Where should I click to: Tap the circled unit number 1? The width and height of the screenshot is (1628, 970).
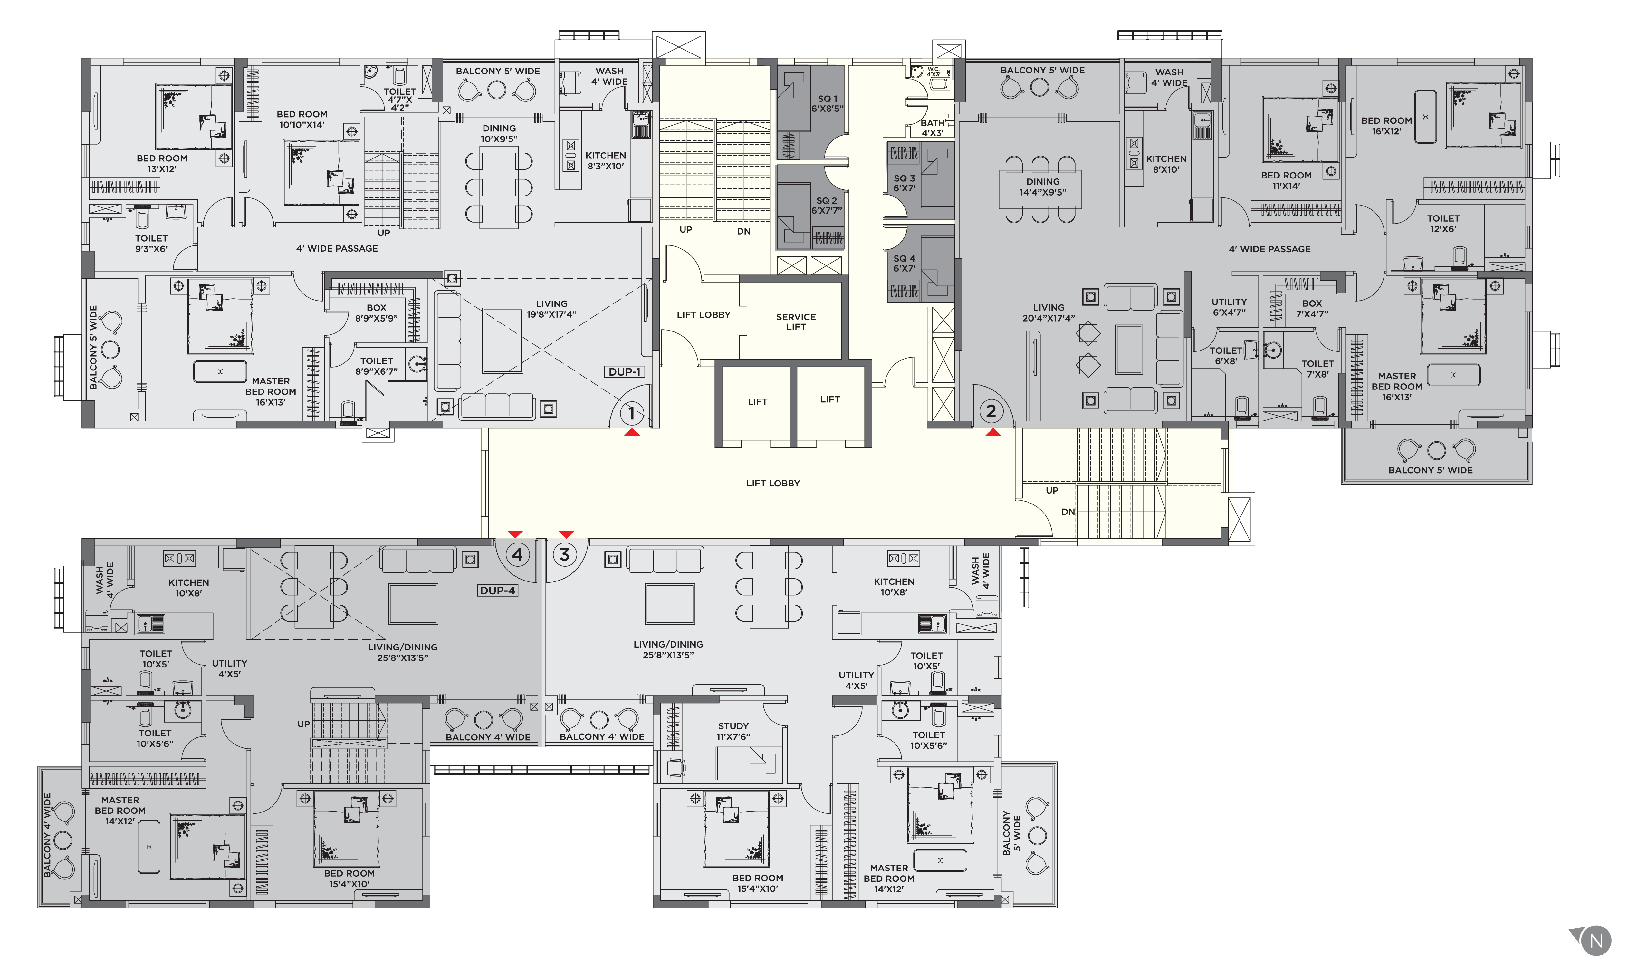(631, 413)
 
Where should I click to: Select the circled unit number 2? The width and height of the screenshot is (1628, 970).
(991, 411)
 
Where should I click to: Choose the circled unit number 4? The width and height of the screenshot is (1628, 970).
(517, 554)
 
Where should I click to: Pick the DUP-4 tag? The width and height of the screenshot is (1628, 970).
(498, 590)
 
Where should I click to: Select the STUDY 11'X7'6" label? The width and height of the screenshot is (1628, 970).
(733, 731)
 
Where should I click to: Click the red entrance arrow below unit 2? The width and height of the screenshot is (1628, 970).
(993, 432)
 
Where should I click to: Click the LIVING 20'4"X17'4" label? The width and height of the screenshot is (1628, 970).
(1048, 312)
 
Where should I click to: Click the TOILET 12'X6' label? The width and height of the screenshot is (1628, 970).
(1443, 224)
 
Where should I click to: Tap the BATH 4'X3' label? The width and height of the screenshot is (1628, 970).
(933, 128)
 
